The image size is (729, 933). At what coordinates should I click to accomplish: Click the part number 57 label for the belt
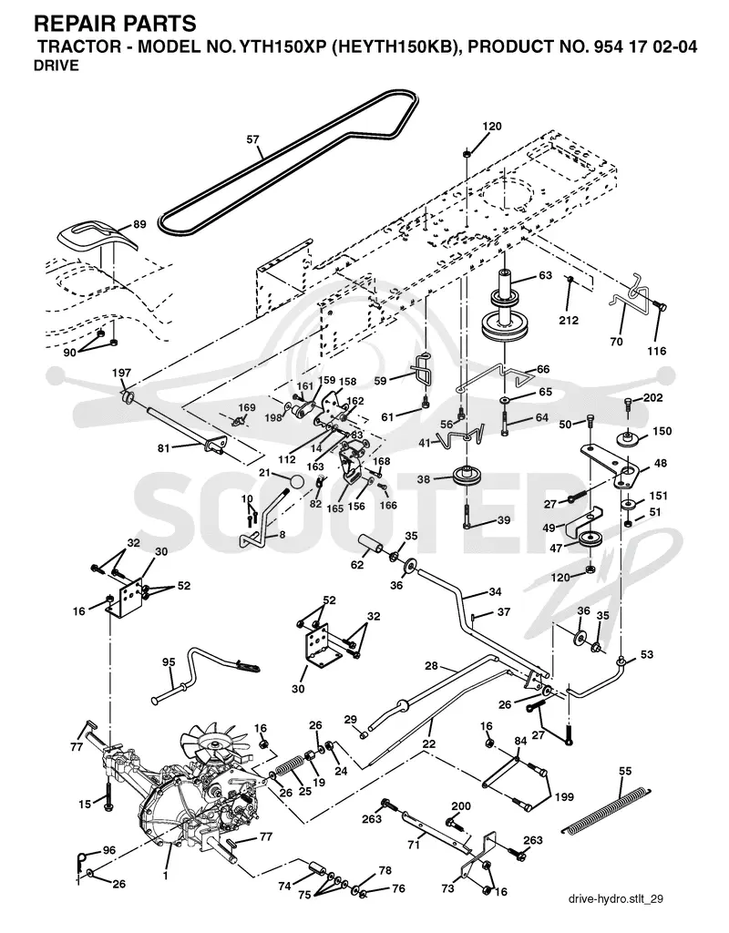[x=253, y=139]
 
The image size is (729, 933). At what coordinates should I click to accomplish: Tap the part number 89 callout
[x=139, y=224]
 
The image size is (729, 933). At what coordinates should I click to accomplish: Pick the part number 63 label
[x=545, y=275]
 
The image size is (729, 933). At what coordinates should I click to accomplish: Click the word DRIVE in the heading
[x=56, y=66]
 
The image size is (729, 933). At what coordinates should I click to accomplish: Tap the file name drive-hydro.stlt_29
[x=615, y=899]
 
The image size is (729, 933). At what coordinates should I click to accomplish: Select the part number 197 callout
[x=121, y=373]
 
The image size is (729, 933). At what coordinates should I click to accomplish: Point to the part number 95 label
[x=169, y=662]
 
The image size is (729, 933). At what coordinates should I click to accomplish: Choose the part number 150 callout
[x=662, y=431]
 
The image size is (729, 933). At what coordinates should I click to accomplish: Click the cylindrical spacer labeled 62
[x=370, y=545]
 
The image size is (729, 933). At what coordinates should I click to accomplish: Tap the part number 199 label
[x=565, y=796]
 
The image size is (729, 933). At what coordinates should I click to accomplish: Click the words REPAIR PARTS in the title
[x=115, y=24]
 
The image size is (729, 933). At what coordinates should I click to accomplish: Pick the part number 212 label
[x=569, y=321]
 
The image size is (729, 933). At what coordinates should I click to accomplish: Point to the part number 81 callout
[x=164, y=448]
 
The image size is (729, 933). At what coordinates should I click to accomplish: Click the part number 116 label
[x=657, y=351]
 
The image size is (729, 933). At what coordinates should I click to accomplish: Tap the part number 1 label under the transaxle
[x=166, y=876]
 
